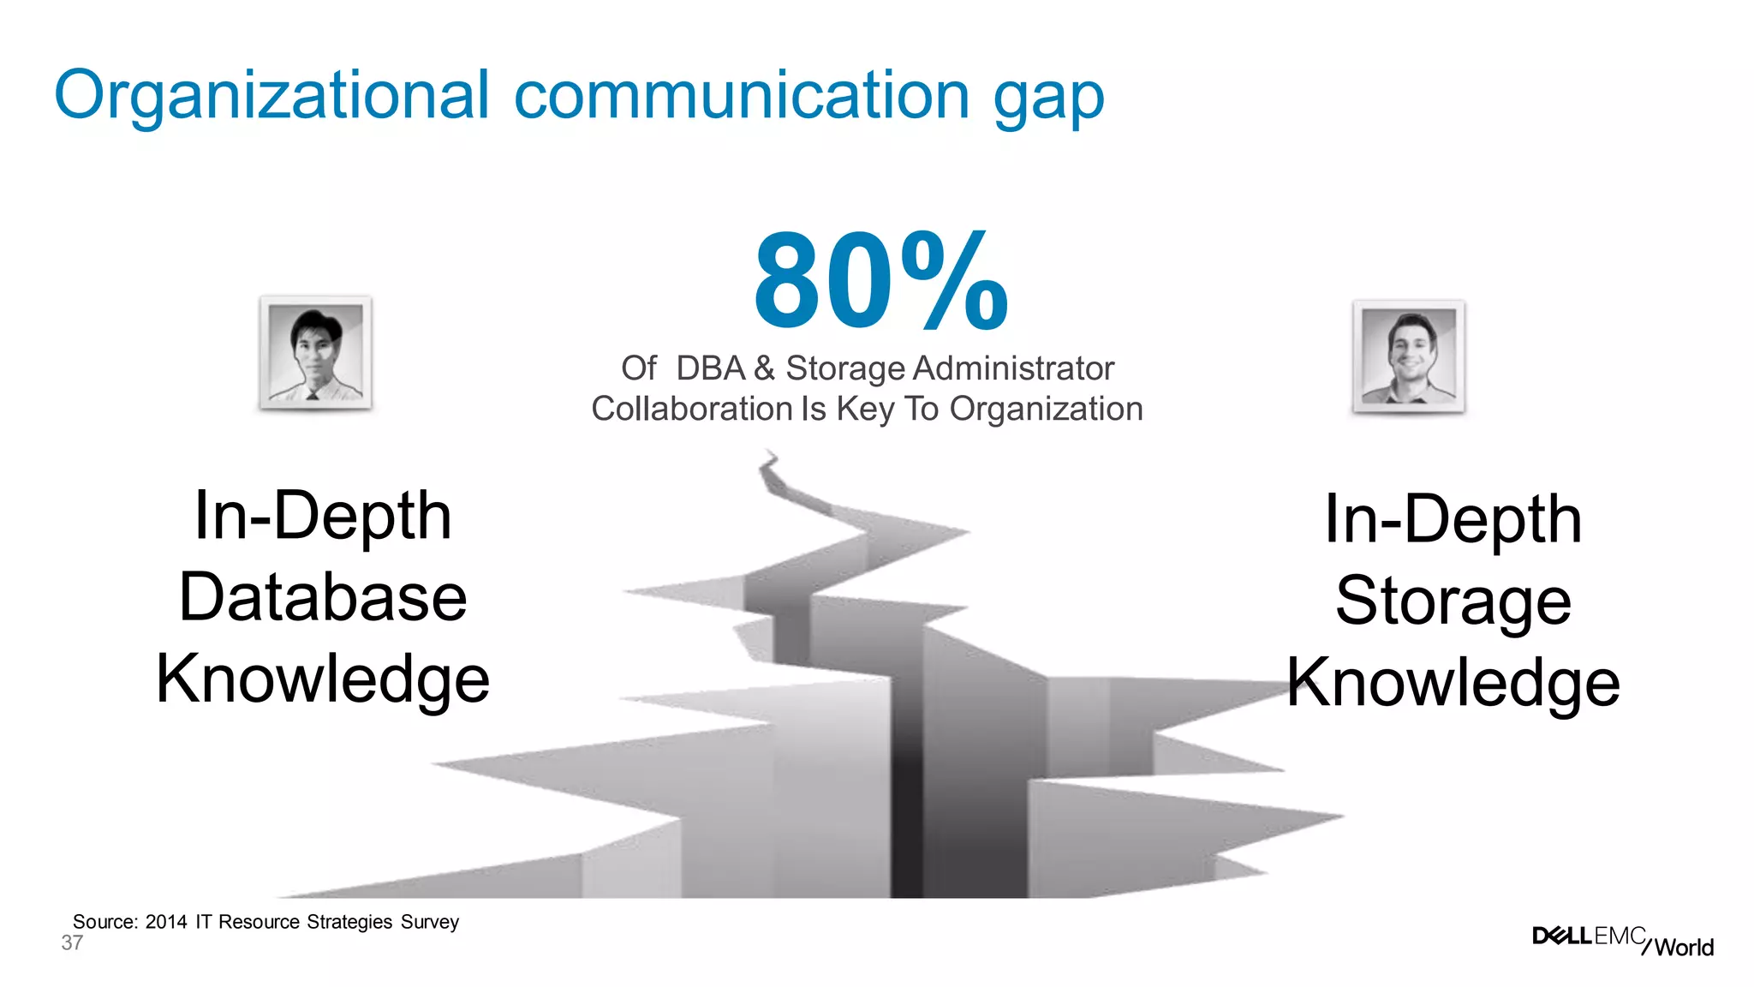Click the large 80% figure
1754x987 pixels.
tap(881, 282)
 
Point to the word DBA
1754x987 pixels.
tap(711, 368)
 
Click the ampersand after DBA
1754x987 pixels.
tap(765, 368)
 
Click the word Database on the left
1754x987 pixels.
tap(323, 597)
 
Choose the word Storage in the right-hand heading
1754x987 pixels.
tap(1453, 601)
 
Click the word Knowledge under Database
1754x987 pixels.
tap(323, 679)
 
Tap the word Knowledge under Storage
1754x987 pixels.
tap(1453, 683)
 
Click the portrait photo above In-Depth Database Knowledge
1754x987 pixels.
tap(316, 353)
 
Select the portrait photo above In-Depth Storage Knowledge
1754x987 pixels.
tap(1409, 356)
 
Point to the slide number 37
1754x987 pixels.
tap(72, 943)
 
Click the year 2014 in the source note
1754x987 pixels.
tap(166, 922)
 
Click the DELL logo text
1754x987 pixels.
tap(1561, 936)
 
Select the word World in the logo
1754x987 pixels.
tap(1684, 947)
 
